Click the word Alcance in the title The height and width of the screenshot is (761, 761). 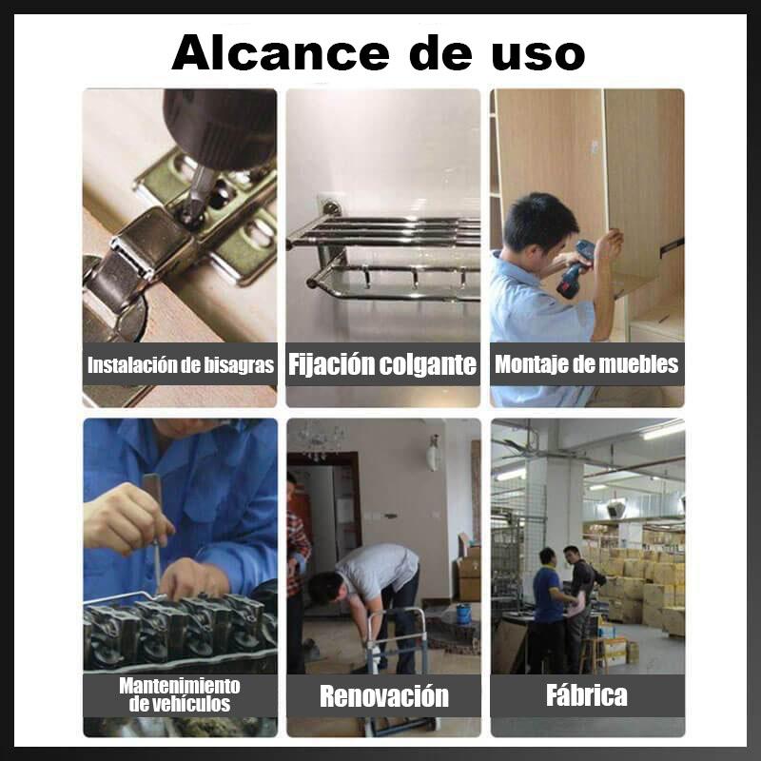281,52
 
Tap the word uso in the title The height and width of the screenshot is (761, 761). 537,54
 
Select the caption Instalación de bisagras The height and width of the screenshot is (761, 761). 181,365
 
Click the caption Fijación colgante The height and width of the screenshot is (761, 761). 382,364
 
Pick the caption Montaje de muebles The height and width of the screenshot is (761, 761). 586,364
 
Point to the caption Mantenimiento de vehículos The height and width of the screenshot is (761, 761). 180,694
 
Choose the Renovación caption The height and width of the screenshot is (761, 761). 384,696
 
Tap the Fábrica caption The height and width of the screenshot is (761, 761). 587,695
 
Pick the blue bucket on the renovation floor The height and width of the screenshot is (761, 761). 463,613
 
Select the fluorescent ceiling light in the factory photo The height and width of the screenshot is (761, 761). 664,431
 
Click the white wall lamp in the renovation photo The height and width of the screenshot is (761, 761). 433,453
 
